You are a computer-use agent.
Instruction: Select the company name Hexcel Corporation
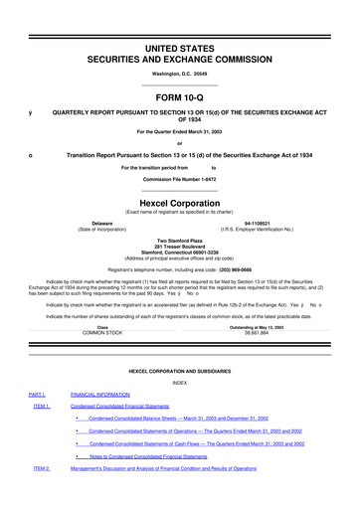coord(179,198)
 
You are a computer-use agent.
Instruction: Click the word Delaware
coord(102,223)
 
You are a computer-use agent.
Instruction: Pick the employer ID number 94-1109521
coord(258,223)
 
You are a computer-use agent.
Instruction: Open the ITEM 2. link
coord(41,495)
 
